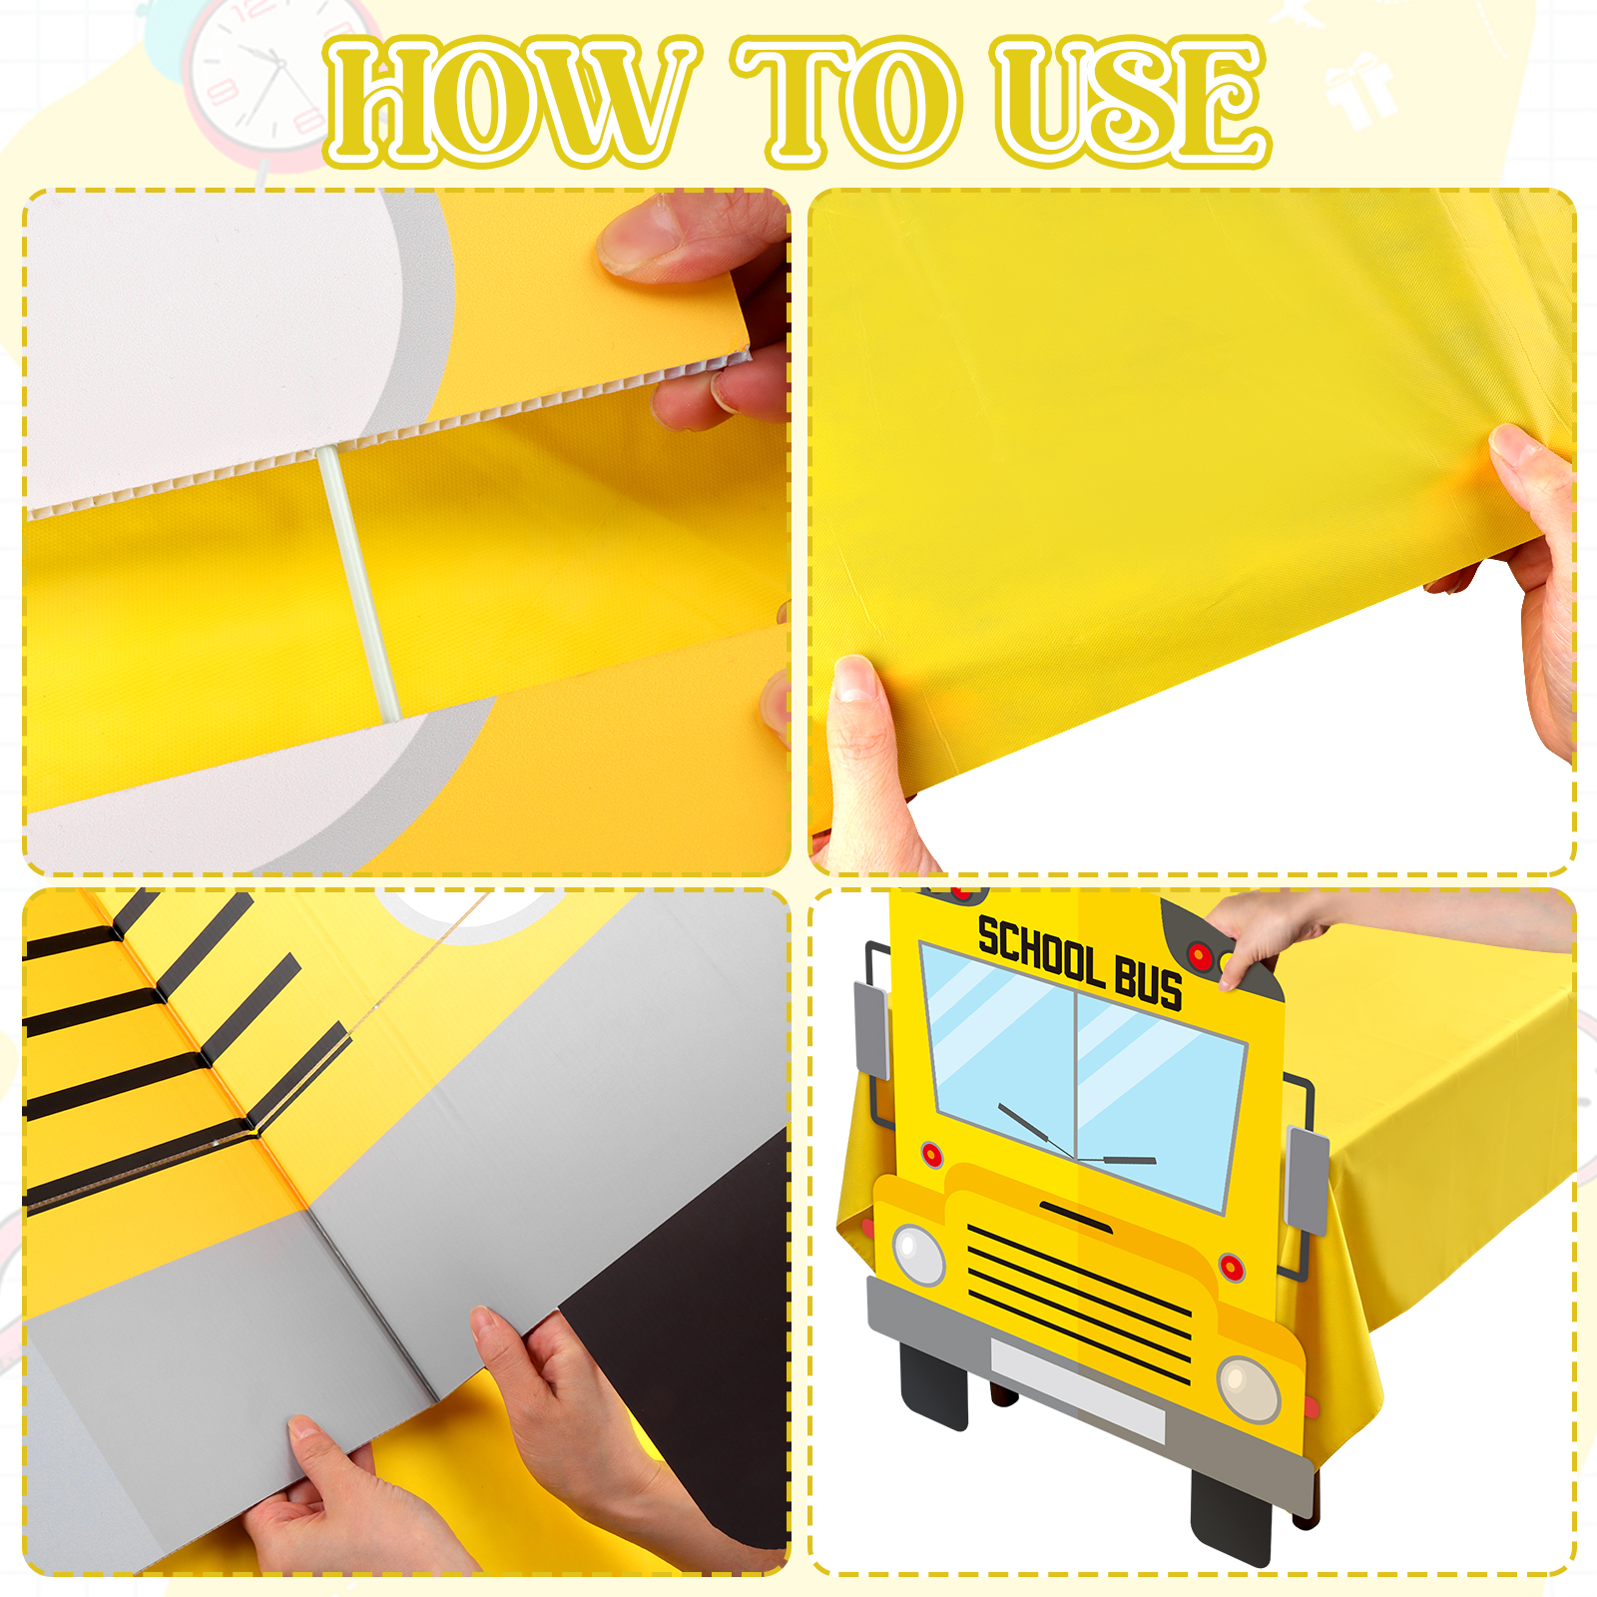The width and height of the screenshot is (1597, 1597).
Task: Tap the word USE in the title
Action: (1131, 101)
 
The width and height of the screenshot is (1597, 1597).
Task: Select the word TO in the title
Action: (848, 101)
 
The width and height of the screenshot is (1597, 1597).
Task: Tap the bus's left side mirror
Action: (871, 1030)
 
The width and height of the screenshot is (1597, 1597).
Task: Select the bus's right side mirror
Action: (1308, 1180)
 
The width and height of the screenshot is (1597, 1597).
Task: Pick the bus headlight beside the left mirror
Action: (918, 1254)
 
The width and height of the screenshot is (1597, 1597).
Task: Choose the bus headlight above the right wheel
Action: (1249, 1388)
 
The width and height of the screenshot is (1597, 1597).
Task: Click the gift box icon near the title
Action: (1359, 90)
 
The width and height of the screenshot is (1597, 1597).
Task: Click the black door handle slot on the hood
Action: (1075, 1217)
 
